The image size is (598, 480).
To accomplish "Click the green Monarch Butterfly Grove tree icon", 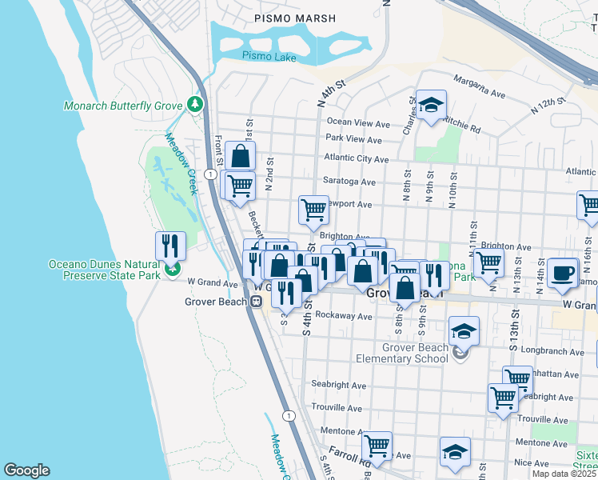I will click(x=194, y=105).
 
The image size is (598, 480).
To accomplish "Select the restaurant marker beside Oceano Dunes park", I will click(x=170, y=246).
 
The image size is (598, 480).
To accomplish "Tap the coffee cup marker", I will click(x=563, y=272).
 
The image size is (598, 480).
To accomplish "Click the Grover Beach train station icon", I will click(x=257, y=302).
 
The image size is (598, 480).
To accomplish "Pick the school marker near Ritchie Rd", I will click(x=431, y=105).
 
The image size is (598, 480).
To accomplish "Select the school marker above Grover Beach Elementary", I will click(x=464, y=330).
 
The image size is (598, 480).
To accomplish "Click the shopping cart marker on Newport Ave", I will click(x=314, y=210).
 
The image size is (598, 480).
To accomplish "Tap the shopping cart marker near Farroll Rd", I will click(x=377, y=445).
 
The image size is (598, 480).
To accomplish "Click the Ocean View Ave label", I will click(x=357, y=123).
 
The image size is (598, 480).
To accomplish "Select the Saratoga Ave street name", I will click(x=349, y=182).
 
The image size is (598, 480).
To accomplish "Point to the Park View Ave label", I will click(x=353, y=139).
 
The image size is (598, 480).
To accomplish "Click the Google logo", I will click(x=26, y=470).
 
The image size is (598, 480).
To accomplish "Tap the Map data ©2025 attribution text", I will click(x=564, y=474).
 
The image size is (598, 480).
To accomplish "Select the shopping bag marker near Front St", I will click(x=240, y=155).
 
